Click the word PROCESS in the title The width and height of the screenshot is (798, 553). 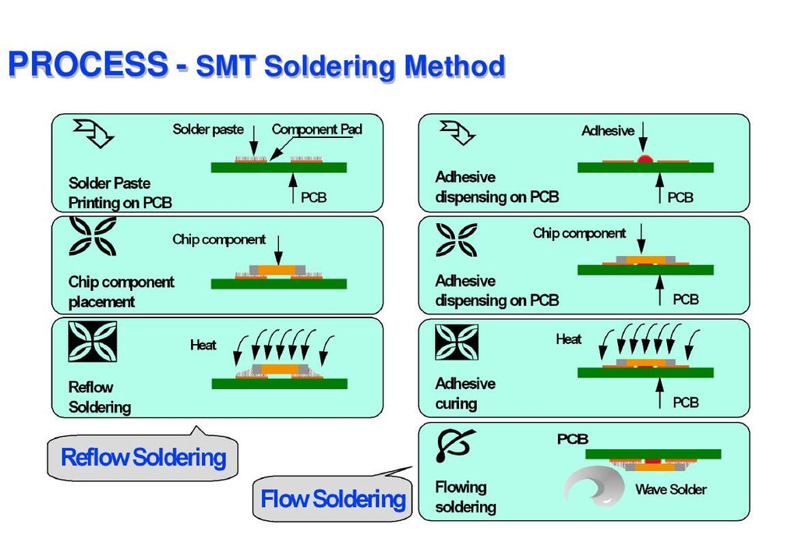87,64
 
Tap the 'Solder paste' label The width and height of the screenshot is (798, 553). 207,129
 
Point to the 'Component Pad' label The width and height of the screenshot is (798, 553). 316,129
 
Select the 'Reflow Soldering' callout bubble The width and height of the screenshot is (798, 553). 143,457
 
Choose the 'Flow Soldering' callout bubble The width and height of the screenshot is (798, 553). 333,498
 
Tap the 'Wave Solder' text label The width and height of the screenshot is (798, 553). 670,490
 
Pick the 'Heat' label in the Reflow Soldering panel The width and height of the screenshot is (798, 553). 203,344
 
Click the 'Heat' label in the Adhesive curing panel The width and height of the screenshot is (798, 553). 568,339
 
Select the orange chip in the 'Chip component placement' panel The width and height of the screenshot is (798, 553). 277,271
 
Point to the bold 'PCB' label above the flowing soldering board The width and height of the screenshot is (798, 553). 572,440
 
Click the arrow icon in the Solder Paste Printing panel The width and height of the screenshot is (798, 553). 93,133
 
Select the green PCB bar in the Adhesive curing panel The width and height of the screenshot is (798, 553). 645,373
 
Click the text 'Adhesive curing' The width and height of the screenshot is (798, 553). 465,394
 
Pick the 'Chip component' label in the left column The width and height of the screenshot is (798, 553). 218,239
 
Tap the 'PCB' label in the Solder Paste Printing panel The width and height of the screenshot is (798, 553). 313,197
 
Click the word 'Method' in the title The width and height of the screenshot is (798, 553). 454,66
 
